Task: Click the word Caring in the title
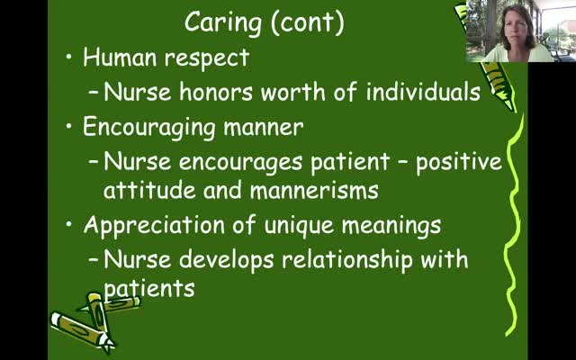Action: click(223, 22)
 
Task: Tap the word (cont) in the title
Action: click(308, 22)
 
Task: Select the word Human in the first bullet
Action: click(120, 58)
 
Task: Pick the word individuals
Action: click(423, 92)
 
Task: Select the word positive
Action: click(459, 163)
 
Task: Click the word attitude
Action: click(149, 190)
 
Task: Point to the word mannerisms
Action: click(314, 190)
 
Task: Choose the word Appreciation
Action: click(154, 226)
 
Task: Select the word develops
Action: click(226, 260)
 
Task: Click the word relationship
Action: click(346, 260)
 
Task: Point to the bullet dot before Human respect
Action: click(69, 57)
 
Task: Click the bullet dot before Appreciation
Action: click(69, 224)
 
